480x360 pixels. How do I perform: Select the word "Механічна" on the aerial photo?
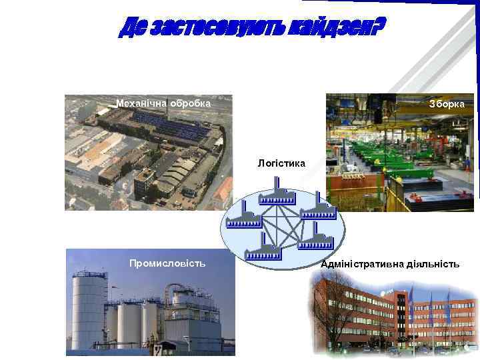pyautogui.click(x=141, y=103)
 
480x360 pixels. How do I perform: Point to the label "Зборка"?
pyautogui.click(x=451, y=105)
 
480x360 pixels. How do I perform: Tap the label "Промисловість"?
pyautogui.click(x=167, y=263)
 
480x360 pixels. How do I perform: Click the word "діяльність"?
pyautogui.click(x=434, y=265)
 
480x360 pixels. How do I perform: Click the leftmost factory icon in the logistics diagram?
pyautogui.click(x=243, y=219)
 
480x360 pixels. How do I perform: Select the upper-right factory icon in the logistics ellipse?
pyautogui.click(x=318, y=212)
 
